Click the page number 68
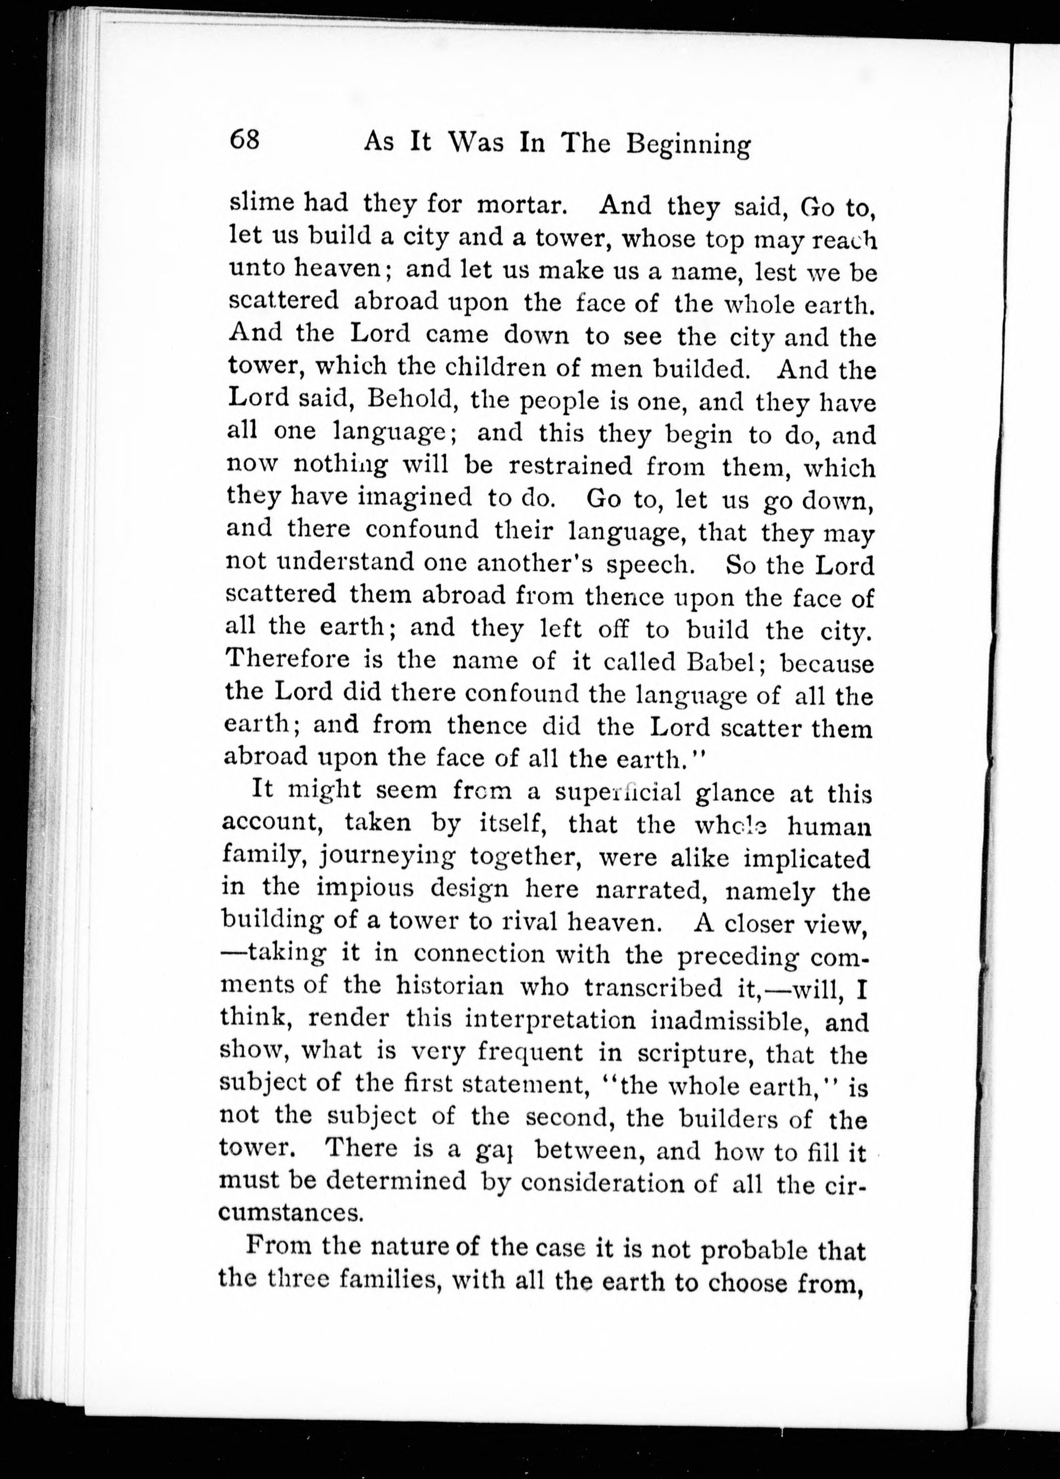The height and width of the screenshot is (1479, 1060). [x=245, y=140]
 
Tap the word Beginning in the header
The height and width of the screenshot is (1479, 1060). [x=688, y=145]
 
